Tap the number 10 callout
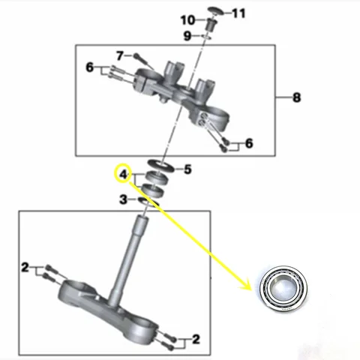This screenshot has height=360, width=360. click(187, 19)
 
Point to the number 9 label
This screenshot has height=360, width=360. click(187, 35)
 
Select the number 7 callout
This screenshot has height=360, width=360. click(119, 55)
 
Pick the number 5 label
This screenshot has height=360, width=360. click(188, 169)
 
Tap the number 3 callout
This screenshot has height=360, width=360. click(124, 199)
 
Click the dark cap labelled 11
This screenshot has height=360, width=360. click(215, 10)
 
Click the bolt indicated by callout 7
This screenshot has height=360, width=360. click(142, 57)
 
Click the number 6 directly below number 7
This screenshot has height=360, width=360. click(89, 68)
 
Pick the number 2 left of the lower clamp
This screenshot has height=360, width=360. click(25, 267)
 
